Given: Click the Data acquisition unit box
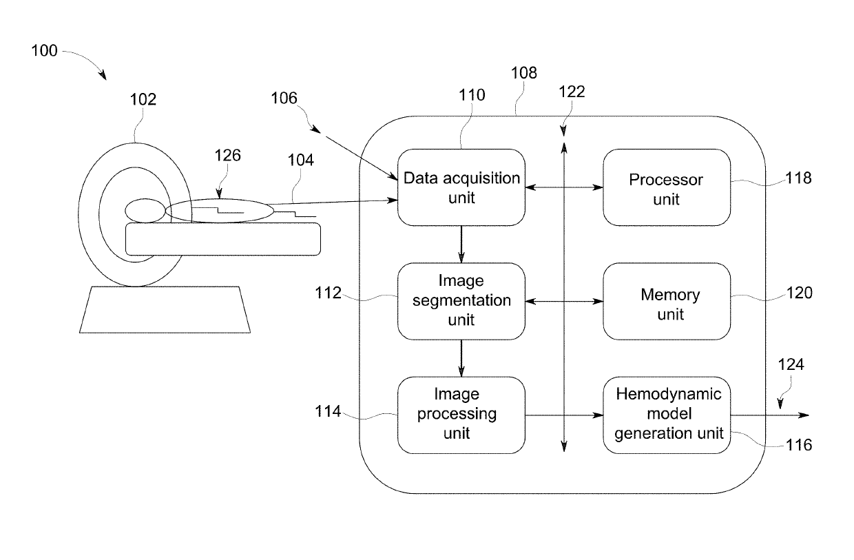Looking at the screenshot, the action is [x=461, y=187].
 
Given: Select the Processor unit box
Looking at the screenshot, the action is [x=667, y=187].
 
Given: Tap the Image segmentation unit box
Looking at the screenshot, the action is [x=461, y=301].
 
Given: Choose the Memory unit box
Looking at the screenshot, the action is [x=667, y=301].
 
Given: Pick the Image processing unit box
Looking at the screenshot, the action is [x=461, y=415].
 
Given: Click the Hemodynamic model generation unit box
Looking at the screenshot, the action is [x=667, y=415].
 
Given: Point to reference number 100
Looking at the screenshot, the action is [x=44, y=51].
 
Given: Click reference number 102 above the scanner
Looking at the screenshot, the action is [x=143, y=99].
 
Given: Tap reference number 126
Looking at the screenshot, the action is [x=227, y=156].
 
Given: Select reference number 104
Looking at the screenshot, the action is [x=300, y=160].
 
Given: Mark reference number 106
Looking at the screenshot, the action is [x=284, y=98].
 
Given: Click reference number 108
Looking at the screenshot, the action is [x=524, y=73].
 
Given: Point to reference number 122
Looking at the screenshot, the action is [x=572, y=92].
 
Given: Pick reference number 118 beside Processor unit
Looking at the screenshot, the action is [x=799, y=178].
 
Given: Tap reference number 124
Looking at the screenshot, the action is [x=791, y=364].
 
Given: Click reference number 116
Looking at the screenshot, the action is [x=799, y=445].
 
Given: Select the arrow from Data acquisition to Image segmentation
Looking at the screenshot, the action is [x=461, y=245].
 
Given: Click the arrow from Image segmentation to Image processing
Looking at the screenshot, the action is [x=461, y=358].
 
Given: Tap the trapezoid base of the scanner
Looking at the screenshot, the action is [x=165, y=309].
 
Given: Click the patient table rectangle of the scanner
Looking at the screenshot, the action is [x=223, y=239].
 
